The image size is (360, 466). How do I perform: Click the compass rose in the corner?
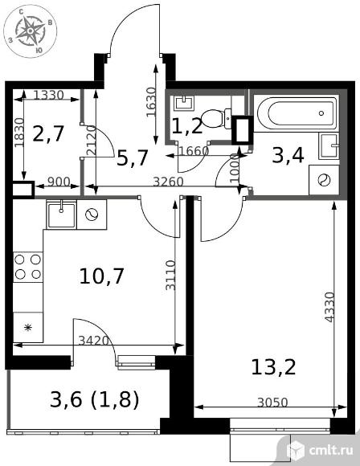(x=30, y=31)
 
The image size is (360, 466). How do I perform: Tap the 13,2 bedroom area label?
(x=273, y=367)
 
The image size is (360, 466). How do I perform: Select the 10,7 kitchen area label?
(x=101, y=276)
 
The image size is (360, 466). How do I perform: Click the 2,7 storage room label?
(x=48, y=133)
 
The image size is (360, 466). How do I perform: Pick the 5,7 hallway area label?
(x=132, y=157)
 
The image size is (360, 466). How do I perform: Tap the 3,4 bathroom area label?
(x=288, y=155)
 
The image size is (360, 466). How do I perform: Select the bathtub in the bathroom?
(x=297, y=113)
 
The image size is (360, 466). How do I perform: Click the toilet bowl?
(x=216, y=119)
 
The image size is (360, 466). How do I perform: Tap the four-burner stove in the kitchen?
(x=28, y=267)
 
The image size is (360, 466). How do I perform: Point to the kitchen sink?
(x=62, y=214)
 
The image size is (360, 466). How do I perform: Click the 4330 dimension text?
(x=329, y=307)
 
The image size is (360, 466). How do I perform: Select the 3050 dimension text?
(x=272, y=403)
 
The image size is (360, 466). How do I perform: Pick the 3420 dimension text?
(x=94, y=341)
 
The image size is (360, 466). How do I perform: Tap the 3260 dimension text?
(x=168, y=182)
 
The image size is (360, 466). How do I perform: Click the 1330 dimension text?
(x=48, y=95)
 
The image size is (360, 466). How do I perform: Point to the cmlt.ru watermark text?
(x=331, y=450)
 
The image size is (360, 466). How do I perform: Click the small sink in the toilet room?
(x=184, y=103)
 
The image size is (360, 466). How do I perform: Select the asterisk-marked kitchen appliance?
(x=28, y=327)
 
